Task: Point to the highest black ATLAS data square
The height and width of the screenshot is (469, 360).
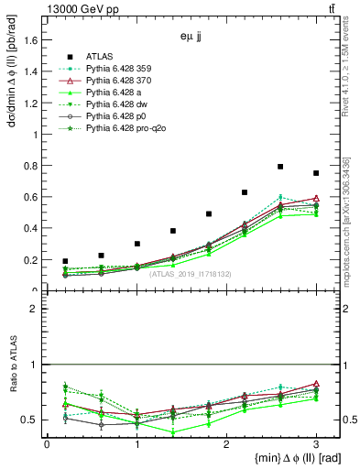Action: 279,167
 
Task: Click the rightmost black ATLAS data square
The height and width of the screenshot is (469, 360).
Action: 316,173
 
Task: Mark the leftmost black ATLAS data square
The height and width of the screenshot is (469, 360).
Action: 65,261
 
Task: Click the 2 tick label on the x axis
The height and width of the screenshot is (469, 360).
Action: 226,444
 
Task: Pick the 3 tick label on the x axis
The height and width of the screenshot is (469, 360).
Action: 316,444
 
